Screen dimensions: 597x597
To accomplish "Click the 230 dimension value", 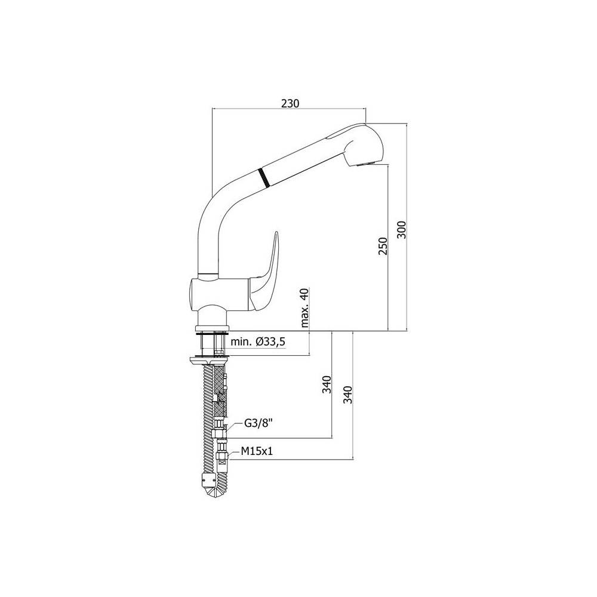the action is point(290,103).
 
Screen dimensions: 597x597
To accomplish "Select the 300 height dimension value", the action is point(402,230).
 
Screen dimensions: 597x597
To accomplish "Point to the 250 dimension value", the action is point(383,246).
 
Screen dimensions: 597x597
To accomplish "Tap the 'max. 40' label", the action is point(305,307).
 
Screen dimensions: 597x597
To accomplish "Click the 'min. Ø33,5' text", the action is point(258,341).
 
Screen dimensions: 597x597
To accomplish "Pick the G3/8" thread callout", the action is point(259,423).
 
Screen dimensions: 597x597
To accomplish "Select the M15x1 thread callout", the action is point(257,451).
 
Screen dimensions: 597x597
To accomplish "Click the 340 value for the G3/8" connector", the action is point(327,384).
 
